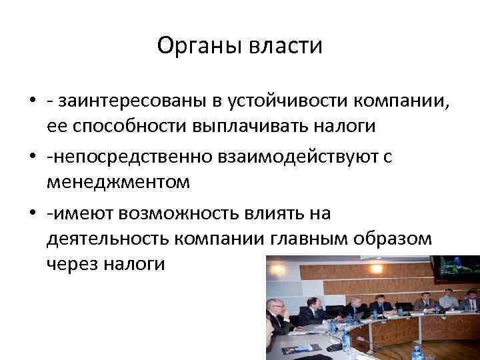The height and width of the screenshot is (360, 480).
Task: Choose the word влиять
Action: pos(294,213)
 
